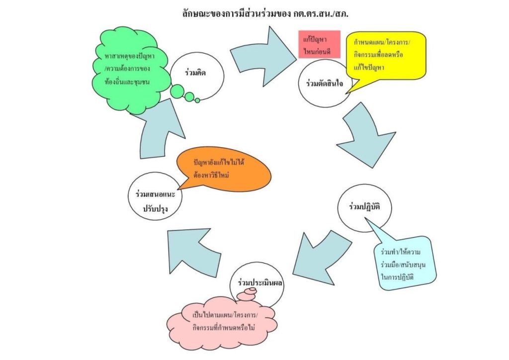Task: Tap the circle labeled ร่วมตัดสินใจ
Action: point(325,84)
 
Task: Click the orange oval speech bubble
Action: point(226,169)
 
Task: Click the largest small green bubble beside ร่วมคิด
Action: point(177,91)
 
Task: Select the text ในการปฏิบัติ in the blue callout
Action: point(397,273)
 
